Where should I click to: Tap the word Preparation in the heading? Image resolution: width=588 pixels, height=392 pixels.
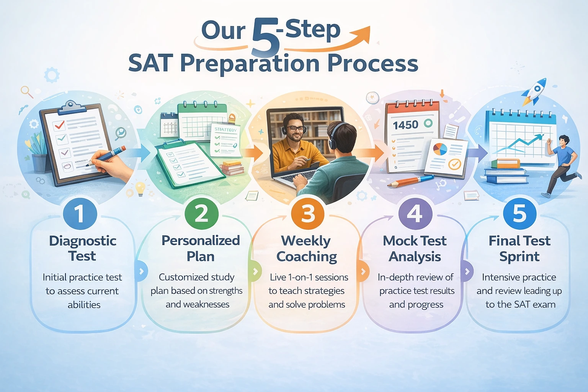[x=250, y=64]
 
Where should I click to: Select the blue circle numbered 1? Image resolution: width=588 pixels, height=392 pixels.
[x=79, y=214]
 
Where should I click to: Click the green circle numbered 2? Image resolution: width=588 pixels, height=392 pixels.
[x=201, y=214]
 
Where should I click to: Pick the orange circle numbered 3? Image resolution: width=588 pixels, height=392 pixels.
[x=308, y=214]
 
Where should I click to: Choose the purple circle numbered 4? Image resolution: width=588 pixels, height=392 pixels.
[x=415, y=214]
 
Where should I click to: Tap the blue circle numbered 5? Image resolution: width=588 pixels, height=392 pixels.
[x=519, y=214]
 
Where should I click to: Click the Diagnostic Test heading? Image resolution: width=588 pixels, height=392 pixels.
[x=83, y=248]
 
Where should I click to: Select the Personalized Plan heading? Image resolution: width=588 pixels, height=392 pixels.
[x=201, y=248]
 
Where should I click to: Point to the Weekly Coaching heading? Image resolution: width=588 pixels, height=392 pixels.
[x=307, y=248]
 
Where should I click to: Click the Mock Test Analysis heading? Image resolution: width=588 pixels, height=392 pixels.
[x=415, y=248]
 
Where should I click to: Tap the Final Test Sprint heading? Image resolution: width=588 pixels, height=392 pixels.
[x=519, y=248]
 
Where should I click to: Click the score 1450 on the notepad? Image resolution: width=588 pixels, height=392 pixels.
[x=405, y=125]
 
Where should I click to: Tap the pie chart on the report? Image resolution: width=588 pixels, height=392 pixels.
[x=440, y=149]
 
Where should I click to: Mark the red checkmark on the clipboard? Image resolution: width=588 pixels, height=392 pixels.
[x=59, y=125]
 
